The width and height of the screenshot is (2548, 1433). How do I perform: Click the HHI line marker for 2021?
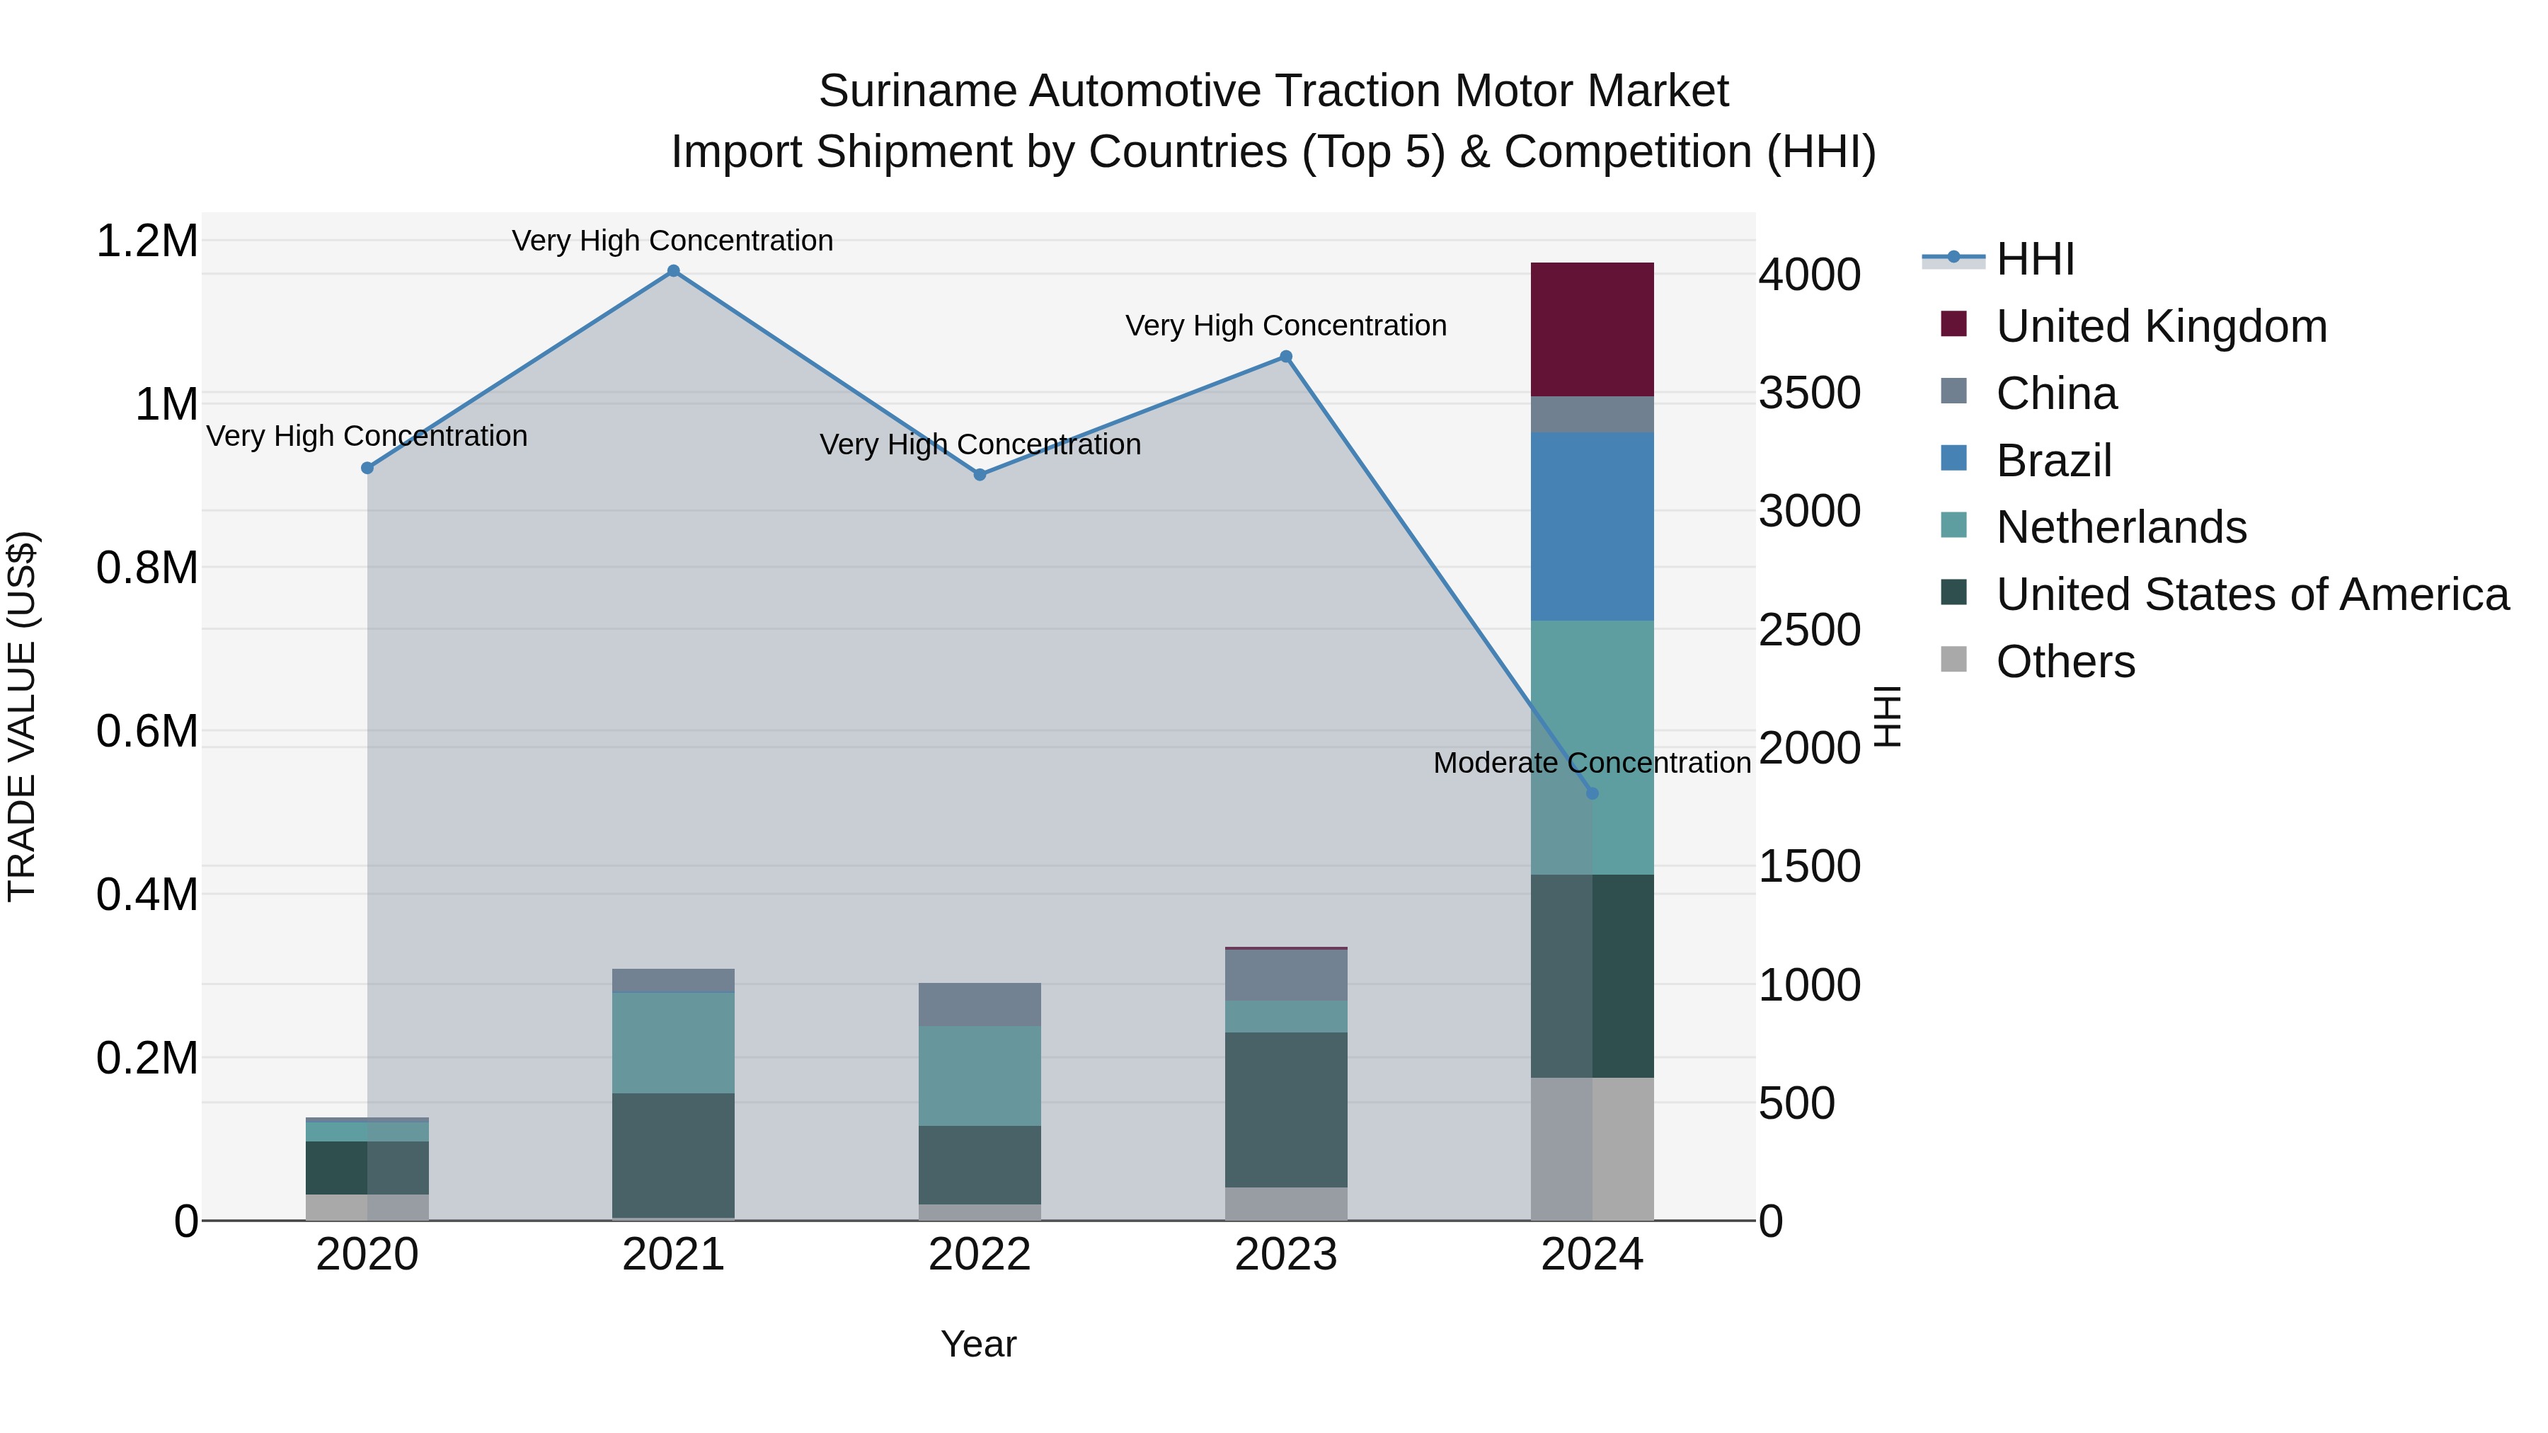point(674,271)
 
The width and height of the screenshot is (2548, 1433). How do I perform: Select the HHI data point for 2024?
point(1592,793)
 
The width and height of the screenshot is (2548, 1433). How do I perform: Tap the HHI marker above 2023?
point(1286,357)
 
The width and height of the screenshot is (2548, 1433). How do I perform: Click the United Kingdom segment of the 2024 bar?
point(1592,329)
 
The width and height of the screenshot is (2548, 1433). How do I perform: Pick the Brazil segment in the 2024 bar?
point(1592,526)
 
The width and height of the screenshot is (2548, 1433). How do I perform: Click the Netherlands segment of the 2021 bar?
point(674,1042)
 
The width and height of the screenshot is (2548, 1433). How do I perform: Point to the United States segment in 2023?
point(1286,1110)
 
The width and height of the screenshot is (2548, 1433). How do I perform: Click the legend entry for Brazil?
point(2053,461)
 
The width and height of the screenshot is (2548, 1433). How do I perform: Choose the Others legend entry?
point(2065,662)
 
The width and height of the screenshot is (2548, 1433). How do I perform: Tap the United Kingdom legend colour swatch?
point(1953,323)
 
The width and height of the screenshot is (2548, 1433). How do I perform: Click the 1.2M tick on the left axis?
point(147,241)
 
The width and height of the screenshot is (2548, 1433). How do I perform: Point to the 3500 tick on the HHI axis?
point(1809,393)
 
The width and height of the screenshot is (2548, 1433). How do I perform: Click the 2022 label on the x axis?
point(980,1255)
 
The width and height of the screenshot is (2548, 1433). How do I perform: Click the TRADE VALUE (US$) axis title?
point(22,716)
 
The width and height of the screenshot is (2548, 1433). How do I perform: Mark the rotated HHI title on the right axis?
point(1886,716)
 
